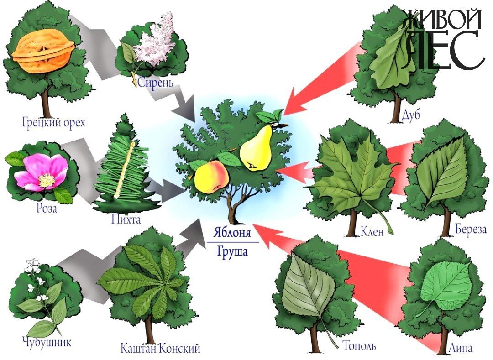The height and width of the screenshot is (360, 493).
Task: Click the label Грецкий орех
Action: click(x=54, y=122)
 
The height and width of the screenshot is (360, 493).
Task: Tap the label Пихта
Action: click(x=126, y=219)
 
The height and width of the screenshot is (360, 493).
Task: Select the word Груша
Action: click(x=232, y=252)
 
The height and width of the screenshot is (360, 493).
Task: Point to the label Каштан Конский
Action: click(x=160, y=349)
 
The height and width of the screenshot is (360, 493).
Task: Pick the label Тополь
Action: click(x=359, y=346)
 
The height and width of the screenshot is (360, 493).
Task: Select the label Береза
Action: click(x=471, y=230)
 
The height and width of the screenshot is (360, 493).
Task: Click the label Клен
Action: click(x=372, y=232)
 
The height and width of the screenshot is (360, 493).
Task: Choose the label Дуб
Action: click(x=411, y=115)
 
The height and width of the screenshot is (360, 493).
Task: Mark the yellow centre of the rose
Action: click(x=46, y=180)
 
